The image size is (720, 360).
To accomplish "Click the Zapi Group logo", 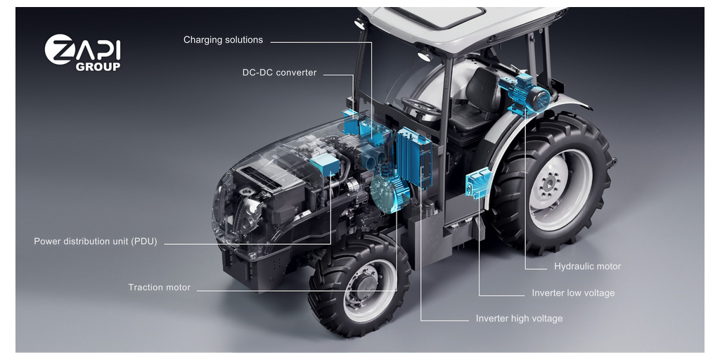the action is click(83, 52).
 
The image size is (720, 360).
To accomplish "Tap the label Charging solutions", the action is click(223, 40).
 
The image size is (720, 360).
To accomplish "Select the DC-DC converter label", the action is click(280, 72).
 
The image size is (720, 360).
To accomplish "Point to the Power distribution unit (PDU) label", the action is click(96, 241).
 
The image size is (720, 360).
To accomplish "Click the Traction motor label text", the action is click(160, 288).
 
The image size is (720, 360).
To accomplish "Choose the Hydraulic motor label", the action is click(587, 266).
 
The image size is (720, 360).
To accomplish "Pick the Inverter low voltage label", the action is click(573, 293).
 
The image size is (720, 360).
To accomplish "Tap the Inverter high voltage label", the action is click(519, 319).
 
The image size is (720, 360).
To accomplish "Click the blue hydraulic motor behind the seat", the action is click(526, 96).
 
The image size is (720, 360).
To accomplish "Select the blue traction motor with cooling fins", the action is click(390, 193).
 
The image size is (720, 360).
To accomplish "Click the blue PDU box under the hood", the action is click(325, 165).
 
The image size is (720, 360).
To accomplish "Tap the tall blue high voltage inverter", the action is click(414, 157).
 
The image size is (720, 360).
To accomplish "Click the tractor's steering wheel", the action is click(420, 107).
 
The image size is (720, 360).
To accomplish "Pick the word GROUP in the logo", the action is click(98, 66).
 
